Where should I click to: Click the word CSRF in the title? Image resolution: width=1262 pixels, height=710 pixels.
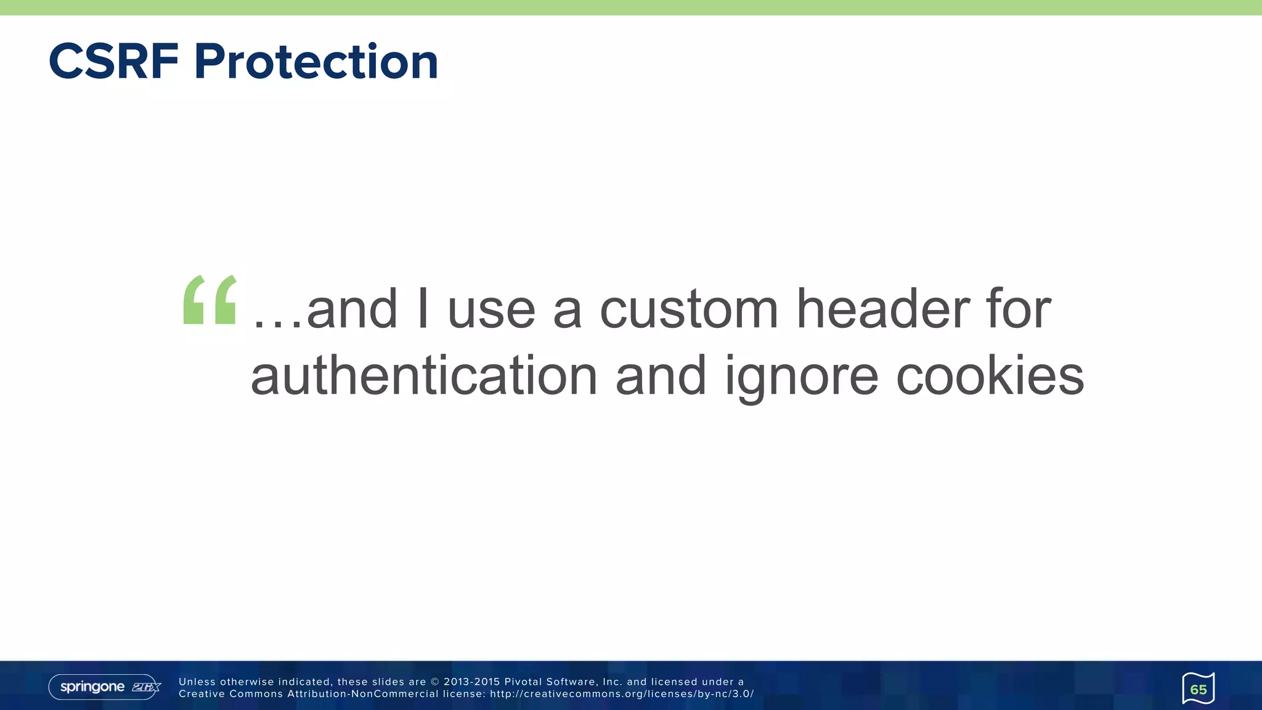pos(113,62)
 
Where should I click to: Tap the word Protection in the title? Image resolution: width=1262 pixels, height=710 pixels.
pos(316,62)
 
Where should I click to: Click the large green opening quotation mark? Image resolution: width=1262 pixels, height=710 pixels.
pos(210,300)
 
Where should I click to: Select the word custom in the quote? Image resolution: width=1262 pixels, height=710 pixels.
pos(689,309)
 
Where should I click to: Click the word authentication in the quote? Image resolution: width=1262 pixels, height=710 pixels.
pos(424,376)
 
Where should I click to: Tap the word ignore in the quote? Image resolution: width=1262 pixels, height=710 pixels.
pos(801,377)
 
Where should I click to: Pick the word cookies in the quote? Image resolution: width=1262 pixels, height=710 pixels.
pos(990,376)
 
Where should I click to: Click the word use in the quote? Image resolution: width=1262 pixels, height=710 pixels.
pos(491,311)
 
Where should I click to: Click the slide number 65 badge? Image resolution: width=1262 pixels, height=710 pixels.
pos(1198,689)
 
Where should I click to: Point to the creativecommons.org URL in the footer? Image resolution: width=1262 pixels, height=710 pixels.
pos(622,694)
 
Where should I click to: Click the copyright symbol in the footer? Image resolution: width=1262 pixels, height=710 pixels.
pos(435,682)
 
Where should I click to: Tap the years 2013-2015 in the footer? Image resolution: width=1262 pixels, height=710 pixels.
pos(471,682)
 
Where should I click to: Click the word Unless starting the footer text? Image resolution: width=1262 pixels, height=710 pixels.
pos(197,682)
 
